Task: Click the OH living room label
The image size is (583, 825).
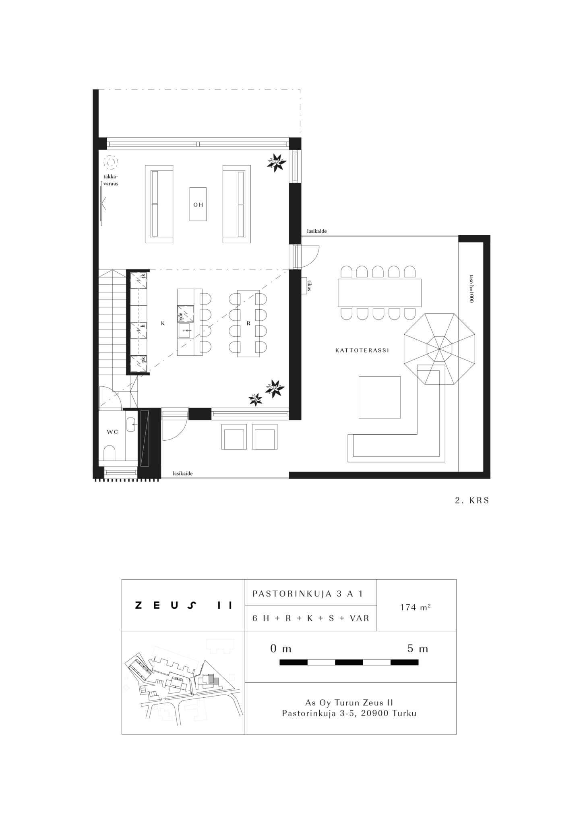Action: [198, 205]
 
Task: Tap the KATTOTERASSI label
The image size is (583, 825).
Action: [362, 350]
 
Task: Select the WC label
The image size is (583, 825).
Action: [112, 432]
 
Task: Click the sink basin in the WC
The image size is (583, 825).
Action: [131, 425]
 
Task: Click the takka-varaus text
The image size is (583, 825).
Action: [111, 180]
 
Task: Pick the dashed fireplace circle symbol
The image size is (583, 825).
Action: [111, 163]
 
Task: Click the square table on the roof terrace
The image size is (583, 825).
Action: [380, 397]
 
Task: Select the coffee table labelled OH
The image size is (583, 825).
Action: [198, 204]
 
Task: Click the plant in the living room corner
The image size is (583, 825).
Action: [277, 162]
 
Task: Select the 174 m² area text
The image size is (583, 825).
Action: [416, 607]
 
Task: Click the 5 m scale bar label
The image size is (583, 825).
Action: [418, 649]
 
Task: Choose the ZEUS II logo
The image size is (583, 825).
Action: [184, 605]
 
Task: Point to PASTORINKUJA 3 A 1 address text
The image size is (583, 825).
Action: [308, 594]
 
